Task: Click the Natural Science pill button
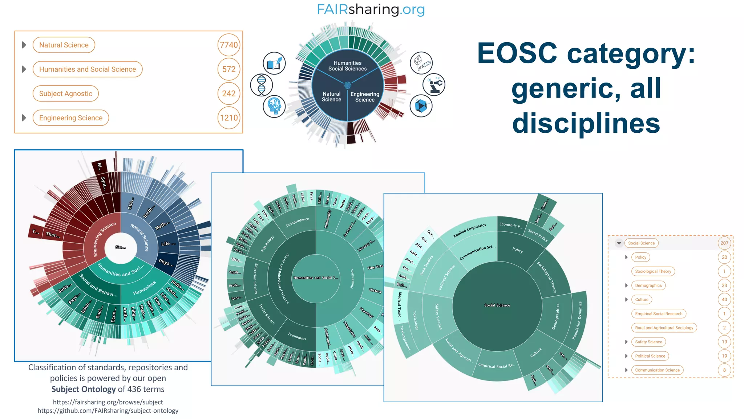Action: tap(64, 45)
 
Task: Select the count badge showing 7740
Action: tap(229, 45)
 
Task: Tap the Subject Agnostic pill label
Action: tap(65, 93)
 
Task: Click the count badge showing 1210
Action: tap(229, 118)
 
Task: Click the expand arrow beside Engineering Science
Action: tap(24, 118)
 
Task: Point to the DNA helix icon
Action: tap(261, 85)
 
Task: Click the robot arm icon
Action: tap(434, 85)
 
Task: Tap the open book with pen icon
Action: tap(274, 63)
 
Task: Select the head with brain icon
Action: tap(274, 106)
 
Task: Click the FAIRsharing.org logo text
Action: tap(371, 9)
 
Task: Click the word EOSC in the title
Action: tap(517, 53)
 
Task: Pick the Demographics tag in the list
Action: tap(648, 286)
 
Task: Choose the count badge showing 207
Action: tap(724, 243)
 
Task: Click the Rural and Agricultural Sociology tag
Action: tap(664, 328)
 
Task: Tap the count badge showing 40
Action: tap(724, 300)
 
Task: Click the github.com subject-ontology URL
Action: tap(108, 411)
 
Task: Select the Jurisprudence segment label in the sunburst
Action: tap(297, 222)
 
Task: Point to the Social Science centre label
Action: tap(497, 305)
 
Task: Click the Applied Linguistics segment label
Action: tap(469, 231)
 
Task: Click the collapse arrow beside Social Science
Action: tap(619, 243)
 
